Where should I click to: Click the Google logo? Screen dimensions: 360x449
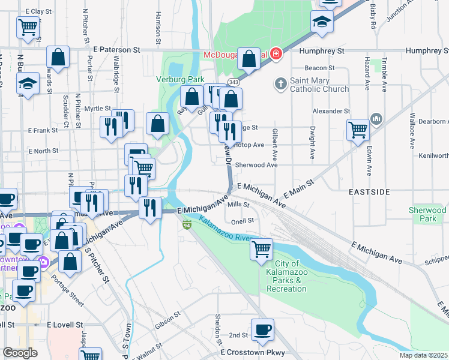click(x=20, y=353)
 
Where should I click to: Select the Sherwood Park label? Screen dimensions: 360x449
click(x=427, y=214)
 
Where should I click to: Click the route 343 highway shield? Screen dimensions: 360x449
click(x=234, y=82)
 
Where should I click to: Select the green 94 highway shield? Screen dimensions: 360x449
click(x=187, y=225)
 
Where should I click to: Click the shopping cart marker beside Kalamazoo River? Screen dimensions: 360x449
click(x=261, y=248)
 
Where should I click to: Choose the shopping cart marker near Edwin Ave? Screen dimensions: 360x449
click(x=358, y=128)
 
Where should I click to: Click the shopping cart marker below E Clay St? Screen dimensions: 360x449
click(x=28, y=26)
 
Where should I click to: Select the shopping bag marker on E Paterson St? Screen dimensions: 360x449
click(x=58, y=57)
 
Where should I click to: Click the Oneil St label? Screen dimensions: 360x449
click(x=243, y=220)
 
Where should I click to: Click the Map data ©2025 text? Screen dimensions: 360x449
click(x=423, y=355)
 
